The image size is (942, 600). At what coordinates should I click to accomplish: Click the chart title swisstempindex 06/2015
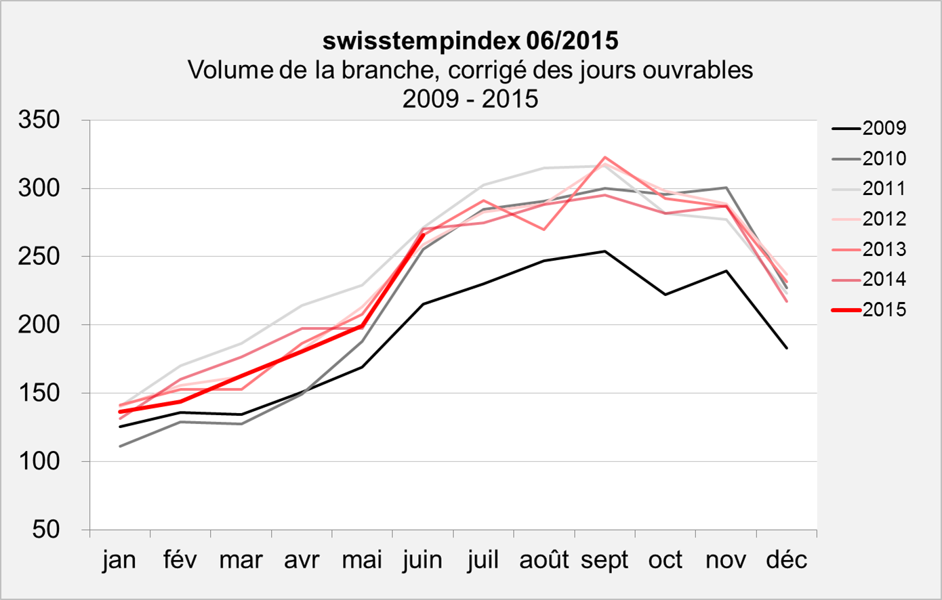[470, 41]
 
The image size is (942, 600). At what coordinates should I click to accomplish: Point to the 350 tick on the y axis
[41, 121]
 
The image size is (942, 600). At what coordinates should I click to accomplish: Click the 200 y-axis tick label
[41, 325]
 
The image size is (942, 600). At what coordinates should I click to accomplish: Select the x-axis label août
[544, 561]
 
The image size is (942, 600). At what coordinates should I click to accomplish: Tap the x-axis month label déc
[787, 561]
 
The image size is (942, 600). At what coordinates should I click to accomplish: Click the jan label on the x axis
[120, 561]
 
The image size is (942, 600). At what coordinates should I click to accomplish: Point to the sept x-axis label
[605, 561]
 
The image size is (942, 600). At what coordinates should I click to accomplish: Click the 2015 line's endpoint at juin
[424, 234]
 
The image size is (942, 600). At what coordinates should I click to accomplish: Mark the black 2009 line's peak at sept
[605, 251]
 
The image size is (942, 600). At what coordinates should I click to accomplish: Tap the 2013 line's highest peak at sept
[605, 157]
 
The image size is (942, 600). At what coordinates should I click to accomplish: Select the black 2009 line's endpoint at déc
[787, 348]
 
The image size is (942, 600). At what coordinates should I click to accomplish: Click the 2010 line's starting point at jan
[120, 446]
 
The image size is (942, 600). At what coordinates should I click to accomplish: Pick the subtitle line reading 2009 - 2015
[470, 99]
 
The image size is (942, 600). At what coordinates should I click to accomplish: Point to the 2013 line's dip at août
[544, 230]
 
